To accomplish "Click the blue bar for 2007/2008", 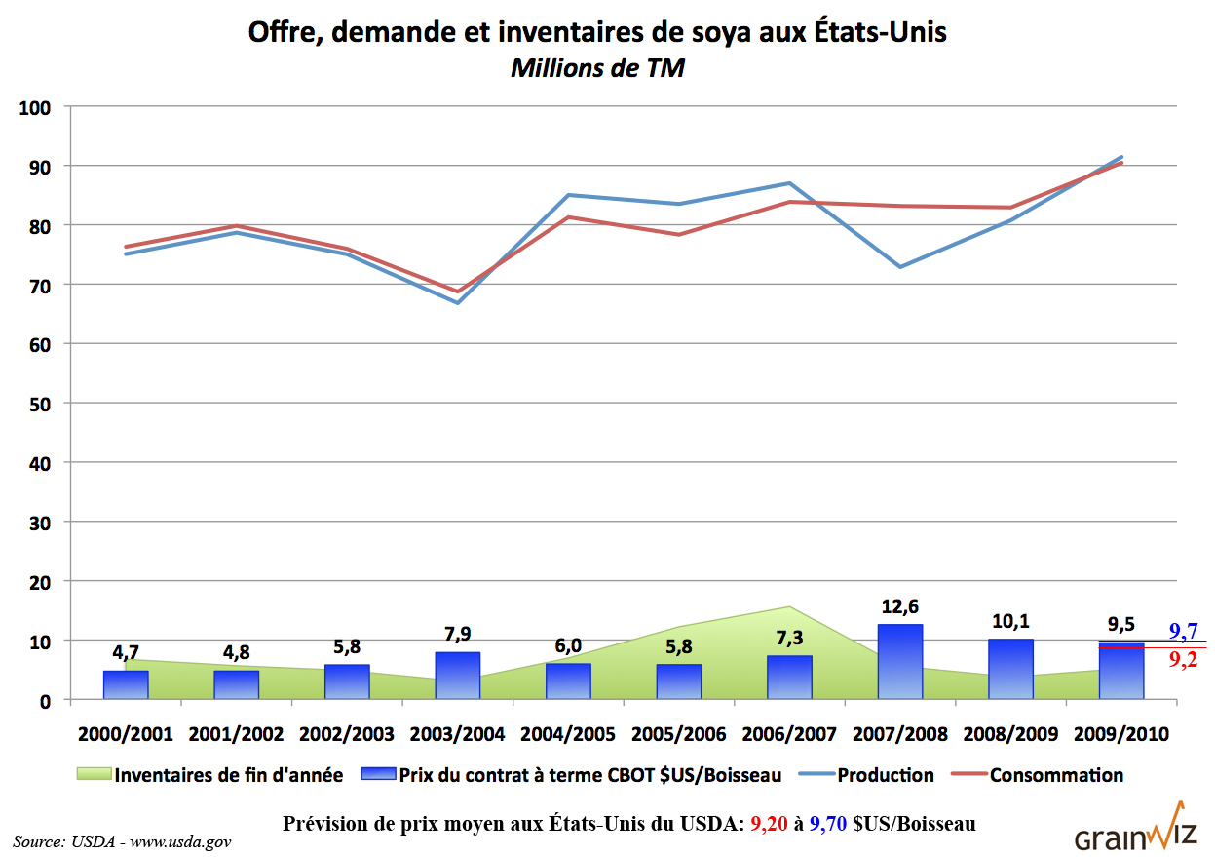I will [899, 662].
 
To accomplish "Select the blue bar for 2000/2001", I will [126, 684].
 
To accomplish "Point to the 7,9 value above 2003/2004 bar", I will [457, 636].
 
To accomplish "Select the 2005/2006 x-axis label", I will [678, 733].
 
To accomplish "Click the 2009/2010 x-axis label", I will [1120, 733].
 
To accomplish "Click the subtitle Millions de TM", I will [597, 68].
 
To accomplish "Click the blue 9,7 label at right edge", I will [1183, 630].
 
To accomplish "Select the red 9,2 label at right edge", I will [1183, 660].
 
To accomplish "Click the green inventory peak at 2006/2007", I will [788, 608].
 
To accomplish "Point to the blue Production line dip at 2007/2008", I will [899, 266].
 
